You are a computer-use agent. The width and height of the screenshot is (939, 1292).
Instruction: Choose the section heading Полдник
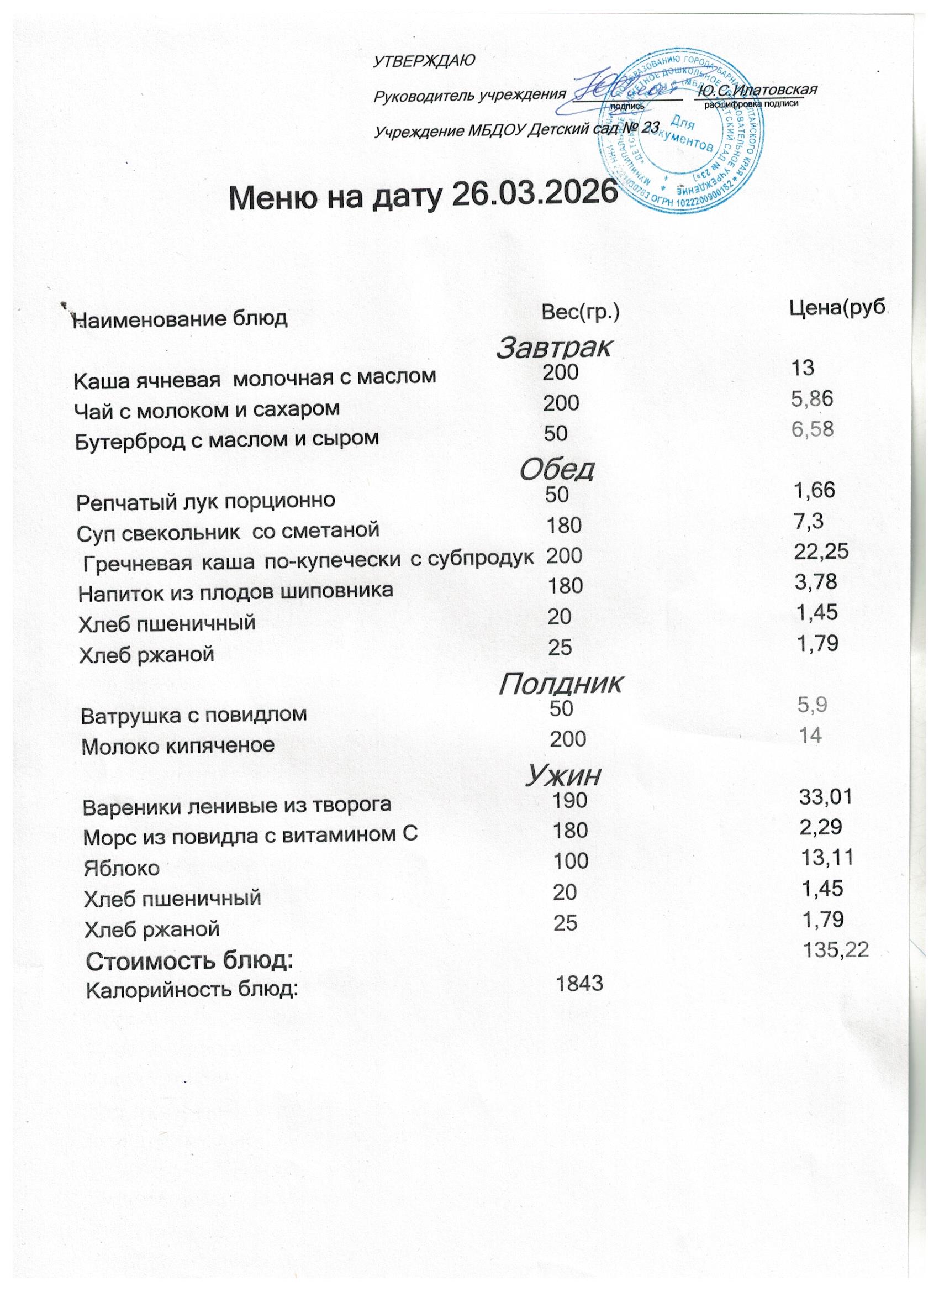point(560,684)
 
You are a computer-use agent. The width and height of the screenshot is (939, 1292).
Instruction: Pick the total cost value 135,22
point(835,949)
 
